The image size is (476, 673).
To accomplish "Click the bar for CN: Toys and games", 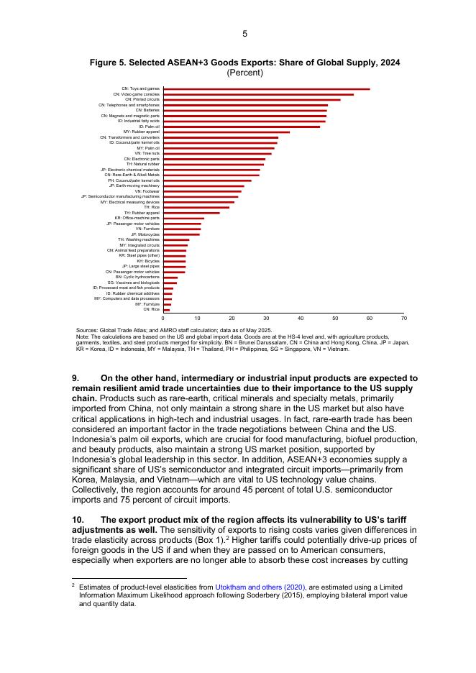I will click(x=266, y=89).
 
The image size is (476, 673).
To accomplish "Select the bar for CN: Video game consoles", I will click(x=258, y=94).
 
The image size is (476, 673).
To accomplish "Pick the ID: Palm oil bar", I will click(x=242, y=127).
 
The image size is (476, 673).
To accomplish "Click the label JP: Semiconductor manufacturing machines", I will click(x=120, y=197).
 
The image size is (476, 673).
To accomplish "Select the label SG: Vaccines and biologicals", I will click(x=134, y=283).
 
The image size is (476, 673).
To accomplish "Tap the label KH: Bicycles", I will click(x=148, y=261).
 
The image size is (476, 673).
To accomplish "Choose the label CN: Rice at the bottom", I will click(x=151, y=310).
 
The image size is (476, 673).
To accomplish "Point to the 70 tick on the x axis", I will click(x=404, y=318).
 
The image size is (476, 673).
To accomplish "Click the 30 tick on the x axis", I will click(x=266, y=318).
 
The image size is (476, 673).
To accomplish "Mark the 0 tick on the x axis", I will click(x=163, y=318).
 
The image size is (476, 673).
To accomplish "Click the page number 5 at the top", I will click(x=244, y=34).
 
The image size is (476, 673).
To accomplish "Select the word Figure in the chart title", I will click(x=105, y=63).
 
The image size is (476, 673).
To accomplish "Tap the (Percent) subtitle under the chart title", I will click(x=244, y=73).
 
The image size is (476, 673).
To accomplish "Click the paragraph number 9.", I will click(x=75, y=378).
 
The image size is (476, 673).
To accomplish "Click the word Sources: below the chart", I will click(x=87, y=330).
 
